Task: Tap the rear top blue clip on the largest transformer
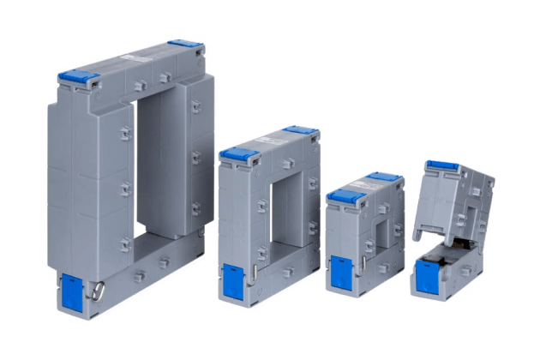pyautogui.click(x=185, y=44)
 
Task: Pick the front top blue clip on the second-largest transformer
pyautogui.click(x=239, y=155)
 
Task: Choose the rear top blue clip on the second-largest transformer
pyautogui.click(x=300, y=132)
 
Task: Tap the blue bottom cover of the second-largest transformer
pyautogui.click(x=234, y=279)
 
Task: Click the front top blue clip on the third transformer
pyautogui.click(x=346, y=195)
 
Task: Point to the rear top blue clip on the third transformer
pyautogui.click(x=385, y=177)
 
